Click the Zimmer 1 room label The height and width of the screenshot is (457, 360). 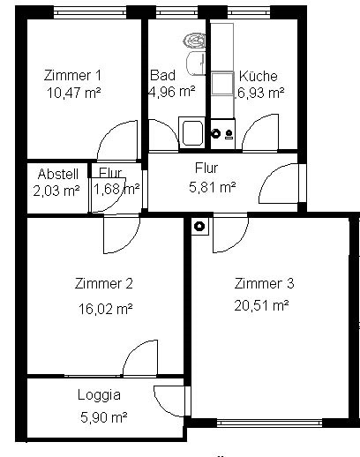tap(72, 75)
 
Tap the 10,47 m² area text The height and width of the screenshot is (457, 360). tap(74, 94)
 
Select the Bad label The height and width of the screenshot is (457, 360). tap(162, 75)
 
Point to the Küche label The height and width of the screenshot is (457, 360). tap(259, 76)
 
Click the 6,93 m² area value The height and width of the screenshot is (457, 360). tap(260, 93)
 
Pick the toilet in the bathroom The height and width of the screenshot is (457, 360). tap(194, 41)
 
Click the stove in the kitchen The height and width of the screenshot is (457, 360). tap(222, 134)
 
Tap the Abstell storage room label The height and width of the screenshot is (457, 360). tap(58, 174)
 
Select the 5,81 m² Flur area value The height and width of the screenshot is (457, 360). tap(212, 187)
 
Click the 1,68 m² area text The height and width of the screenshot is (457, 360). tap(116, 189)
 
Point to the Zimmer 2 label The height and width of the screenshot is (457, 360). tap(103, 283)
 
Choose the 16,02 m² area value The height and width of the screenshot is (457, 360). tap(105, 309)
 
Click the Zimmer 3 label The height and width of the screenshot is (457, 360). tap(264, 283)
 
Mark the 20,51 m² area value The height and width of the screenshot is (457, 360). tap(261, 305)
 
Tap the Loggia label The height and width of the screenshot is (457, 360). tap(99, 394)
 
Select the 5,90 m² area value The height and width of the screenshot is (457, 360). tap(104, 417)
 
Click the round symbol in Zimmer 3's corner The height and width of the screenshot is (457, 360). tap(200, 226)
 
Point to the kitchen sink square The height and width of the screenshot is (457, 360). tap(222, 83)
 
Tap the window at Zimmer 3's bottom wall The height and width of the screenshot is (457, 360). tap(270, 423)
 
